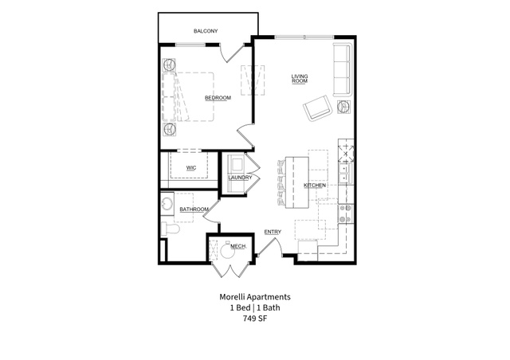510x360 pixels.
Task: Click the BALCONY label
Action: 206,31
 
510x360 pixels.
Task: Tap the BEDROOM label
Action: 218,98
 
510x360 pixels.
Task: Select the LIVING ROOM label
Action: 300,79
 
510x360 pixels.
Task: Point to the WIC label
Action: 191,168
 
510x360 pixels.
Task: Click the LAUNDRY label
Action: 240,178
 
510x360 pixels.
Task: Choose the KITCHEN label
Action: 315,186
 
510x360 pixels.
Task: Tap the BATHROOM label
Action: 194,209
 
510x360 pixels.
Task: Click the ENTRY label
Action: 273,232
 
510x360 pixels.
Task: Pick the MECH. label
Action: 237,246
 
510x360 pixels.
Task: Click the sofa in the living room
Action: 343,69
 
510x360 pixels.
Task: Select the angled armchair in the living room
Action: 318,108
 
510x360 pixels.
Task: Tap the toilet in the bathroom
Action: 170,229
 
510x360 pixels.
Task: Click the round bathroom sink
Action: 167,204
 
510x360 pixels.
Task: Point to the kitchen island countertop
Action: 296,182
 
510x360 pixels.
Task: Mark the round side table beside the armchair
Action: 343,107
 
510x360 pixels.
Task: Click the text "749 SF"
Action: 255,319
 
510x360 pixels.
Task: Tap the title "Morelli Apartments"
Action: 255,296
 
